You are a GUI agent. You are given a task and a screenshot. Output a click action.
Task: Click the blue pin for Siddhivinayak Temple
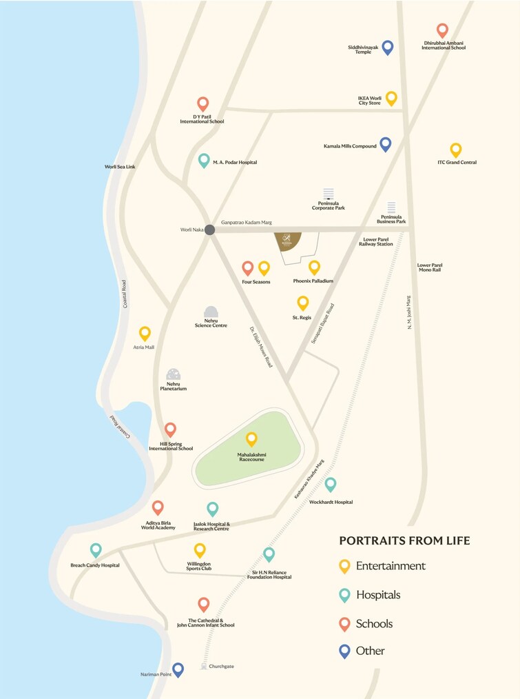click(388, 47)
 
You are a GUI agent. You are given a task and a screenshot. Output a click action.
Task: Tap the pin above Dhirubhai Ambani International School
click(442, 30)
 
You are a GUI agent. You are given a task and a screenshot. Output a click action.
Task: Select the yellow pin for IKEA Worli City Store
click(391, 98)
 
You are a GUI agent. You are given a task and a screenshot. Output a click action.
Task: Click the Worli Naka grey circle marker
click(209, 230)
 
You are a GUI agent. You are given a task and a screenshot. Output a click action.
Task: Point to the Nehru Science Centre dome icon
click(211, 312)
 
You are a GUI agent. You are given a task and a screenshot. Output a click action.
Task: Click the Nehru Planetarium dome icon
click(174, 374)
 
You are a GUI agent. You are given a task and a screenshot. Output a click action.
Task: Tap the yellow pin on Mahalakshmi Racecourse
click(251, 438)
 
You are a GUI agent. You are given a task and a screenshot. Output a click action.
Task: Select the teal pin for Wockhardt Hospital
click(331, 484)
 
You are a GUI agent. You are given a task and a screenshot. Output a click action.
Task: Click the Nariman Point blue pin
click(178, 669)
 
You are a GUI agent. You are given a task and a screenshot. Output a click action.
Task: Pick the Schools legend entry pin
click(344, 623)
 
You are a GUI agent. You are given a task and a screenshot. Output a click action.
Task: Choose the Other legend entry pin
click(344, 650)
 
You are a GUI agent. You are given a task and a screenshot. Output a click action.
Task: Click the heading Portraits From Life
click(405, 540)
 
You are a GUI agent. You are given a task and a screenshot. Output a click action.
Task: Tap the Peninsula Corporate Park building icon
click(329, 194)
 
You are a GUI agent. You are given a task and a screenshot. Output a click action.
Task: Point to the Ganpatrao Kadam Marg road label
click(247, 223)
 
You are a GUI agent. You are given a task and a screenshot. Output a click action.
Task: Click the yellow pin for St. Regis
click(302, 302)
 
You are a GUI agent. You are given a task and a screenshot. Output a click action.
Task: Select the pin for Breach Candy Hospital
click(96, 549)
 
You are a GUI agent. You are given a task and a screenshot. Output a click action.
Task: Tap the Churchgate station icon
click(203, 666)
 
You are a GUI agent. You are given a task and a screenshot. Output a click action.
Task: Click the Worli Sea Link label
click(120, 167)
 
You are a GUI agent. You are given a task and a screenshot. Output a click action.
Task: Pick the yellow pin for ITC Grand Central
click(455, 149)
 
